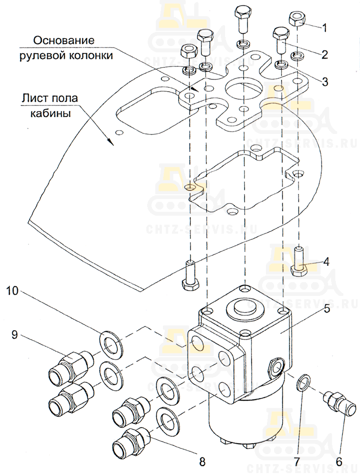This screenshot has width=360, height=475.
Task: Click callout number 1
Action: (x=324, y=28)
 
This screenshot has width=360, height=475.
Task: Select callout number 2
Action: (x=324, y=55)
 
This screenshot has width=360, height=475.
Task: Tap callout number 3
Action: (x=324, y=81)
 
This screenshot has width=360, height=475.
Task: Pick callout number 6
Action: (x=339, y=462)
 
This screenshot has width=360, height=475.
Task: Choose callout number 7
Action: (x=296, y=462)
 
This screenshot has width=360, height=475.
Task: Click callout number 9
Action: (x=15, y=334)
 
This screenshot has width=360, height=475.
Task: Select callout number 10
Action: (x=12, y=291)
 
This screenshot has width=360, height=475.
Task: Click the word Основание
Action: (x=64, y=40)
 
